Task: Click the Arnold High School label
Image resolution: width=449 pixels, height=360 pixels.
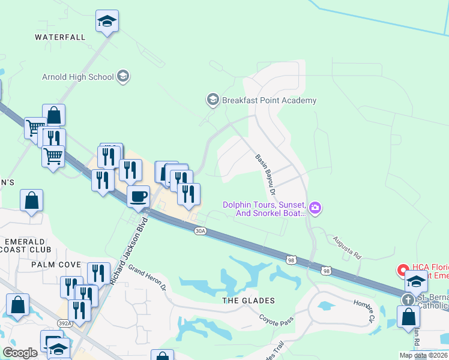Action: [x=77, y=77]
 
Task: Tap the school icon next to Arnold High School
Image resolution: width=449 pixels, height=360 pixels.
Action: [x=123, y=76]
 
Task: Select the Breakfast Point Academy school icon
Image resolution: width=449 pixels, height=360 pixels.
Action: [x=212, y=100]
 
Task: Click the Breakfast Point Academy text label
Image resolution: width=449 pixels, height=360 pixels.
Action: [x=270, y=101]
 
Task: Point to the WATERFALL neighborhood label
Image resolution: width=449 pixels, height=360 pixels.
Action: [x=60, y=37]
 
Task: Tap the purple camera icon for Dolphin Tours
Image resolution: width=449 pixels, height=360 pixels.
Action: [x=316, y=208]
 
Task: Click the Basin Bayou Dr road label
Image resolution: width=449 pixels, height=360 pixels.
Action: [x=265, y=175]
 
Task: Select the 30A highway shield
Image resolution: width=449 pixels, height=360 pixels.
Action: [x=200, y=230]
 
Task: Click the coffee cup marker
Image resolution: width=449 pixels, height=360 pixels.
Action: [x=139, y=197]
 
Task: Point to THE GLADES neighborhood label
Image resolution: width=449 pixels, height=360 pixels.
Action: [x=249, y=301]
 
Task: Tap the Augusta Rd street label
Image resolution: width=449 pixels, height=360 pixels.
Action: [x=347, y=246]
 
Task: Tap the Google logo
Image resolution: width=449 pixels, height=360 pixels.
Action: [x=20, y=353]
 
